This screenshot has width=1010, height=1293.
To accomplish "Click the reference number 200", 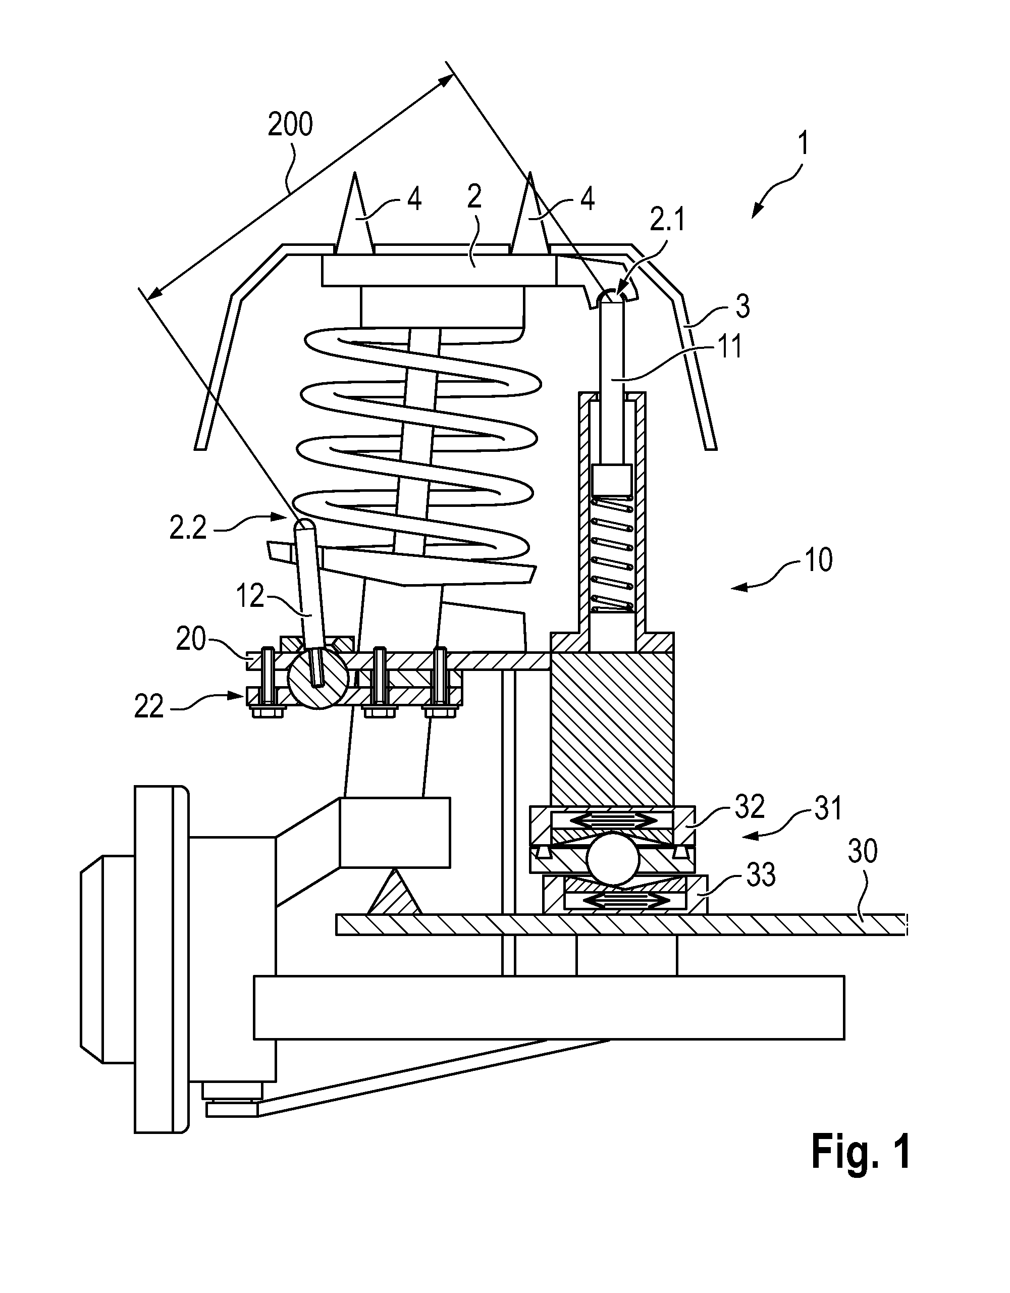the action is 290,125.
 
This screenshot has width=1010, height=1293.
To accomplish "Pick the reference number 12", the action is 249,596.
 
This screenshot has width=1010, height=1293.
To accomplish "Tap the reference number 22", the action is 148,707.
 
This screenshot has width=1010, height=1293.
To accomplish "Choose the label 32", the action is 750,807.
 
